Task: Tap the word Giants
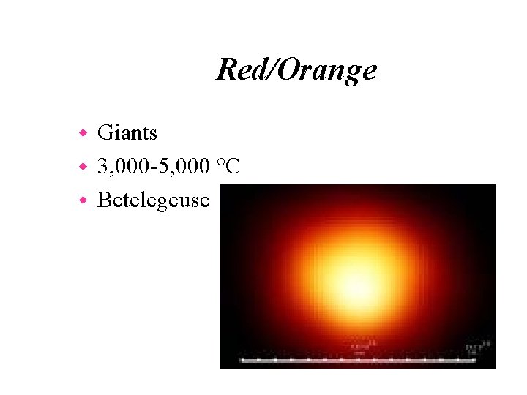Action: pyautogui.click(x=127, y=132)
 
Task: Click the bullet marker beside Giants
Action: pyautogui.click(x=83, y=133)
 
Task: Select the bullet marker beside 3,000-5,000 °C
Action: pyautogui.click(x=83, y=167)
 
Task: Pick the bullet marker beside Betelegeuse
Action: pyautogui.click(x=83, y=200)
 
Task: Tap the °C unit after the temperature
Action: pyautogui.click(x=228, y=166)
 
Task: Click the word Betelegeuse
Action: pyautogui.click(x=153, y=199)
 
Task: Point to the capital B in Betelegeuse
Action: pyautogui.click(x=103, y=199)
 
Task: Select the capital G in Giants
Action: pyautogui.click(x=105, y=132)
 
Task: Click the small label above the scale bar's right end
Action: pyautogui.click(x=473, y=348)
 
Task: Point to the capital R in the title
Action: pyautogui.click(x=225, y=70)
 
